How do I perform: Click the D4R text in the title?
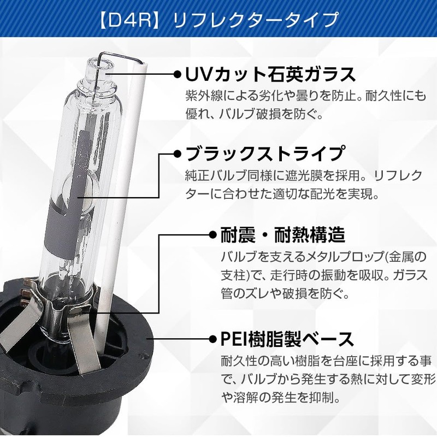[131, 21]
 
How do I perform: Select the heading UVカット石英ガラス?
[271, 74]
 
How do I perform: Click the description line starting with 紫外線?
[305, 96]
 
